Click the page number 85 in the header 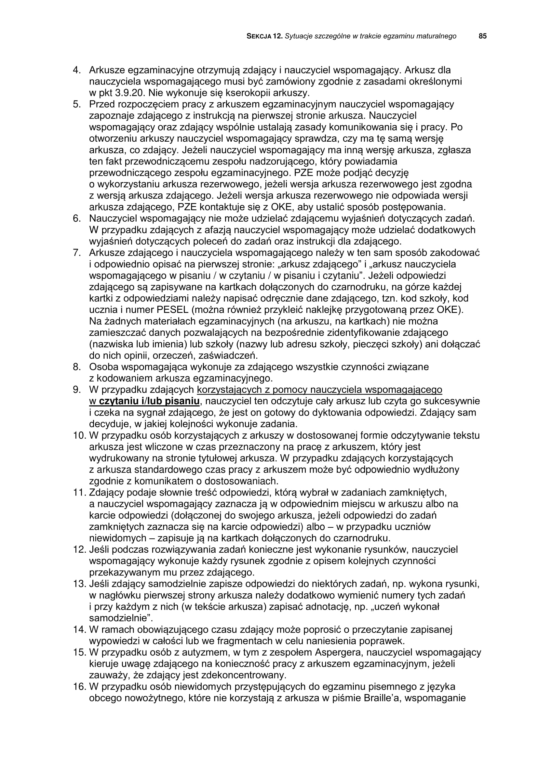click(483, 36)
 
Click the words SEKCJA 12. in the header click(264, 36)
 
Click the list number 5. click(77, 104)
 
